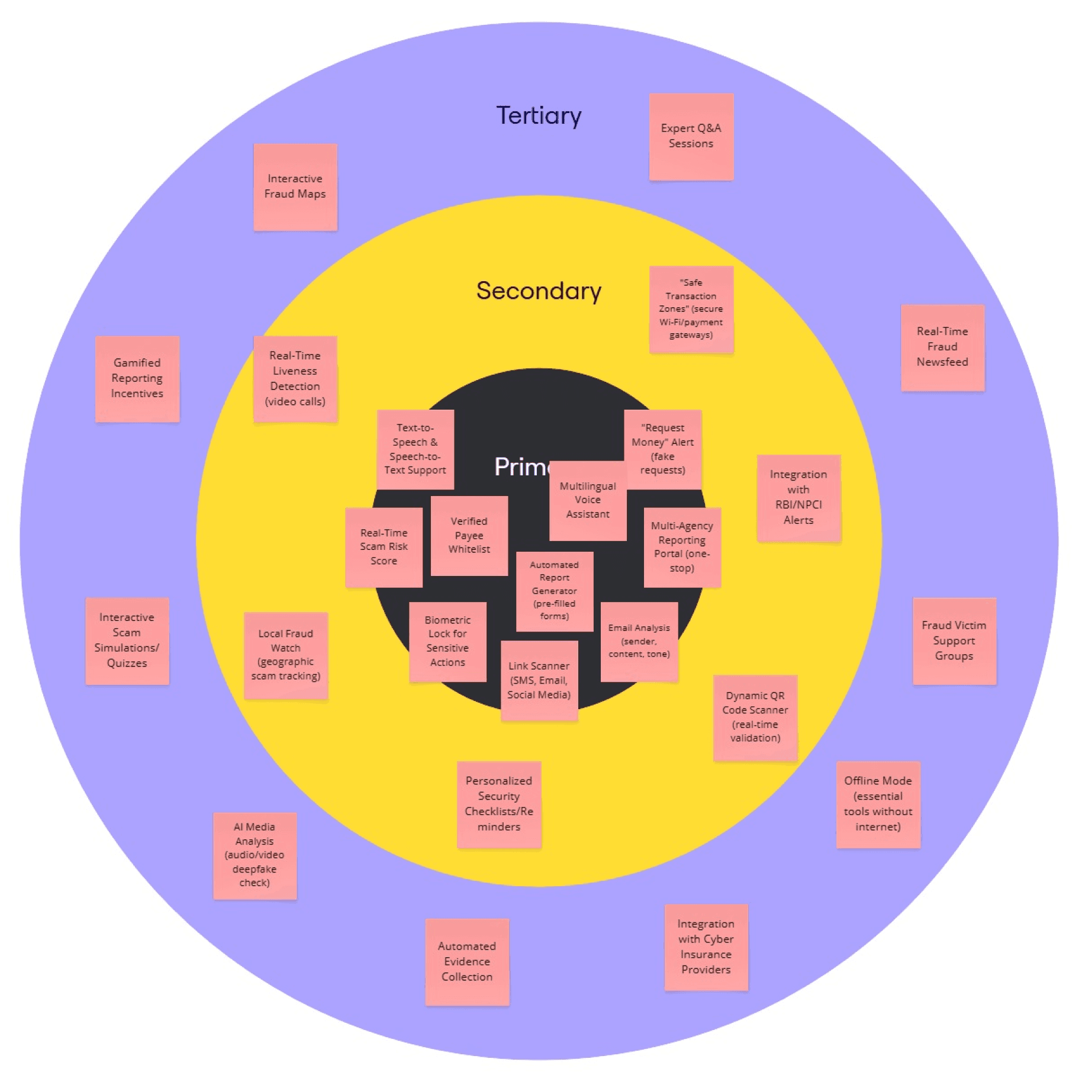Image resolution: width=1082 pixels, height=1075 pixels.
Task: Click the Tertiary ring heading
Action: pos(539,115)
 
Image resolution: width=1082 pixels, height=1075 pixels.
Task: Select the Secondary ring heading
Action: pos(539,291)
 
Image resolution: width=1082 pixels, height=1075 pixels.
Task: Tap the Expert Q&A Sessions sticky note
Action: pos(691,136)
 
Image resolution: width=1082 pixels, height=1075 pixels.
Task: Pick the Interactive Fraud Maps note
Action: pos(295,186)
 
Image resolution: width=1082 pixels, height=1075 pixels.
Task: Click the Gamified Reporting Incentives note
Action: pos(137,378)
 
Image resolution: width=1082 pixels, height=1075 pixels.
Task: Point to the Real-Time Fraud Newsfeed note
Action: pos(942,347)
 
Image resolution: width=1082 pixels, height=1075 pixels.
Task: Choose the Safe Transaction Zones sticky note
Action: pos(691,309)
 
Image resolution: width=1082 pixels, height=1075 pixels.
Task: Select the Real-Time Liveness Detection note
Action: pos(295,378)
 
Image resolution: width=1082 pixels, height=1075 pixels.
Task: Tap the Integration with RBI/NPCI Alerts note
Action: pos(798,497)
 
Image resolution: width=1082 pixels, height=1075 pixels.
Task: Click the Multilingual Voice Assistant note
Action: pos(587,500)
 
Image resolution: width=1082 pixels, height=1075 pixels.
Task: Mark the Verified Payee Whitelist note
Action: pos(469,535)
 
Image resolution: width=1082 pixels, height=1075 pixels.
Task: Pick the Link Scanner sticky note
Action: pos(539,680)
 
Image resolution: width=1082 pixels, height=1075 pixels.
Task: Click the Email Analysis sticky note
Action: pos(639,641)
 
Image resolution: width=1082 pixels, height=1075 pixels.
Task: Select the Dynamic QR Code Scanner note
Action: pos(755,717)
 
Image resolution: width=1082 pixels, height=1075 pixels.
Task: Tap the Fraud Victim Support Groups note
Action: pos(954,641)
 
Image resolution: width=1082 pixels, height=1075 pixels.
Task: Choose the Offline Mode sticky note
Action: pos(878,804)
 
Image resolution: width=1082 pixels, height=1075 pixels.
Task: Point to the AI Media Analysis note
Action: pos(255,855)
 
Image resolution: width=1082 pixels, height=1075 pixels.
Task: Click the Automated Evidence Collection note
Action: pos(466,961)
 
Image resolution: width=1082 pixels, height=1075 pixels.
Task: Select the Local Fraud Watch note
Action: pos(285,655)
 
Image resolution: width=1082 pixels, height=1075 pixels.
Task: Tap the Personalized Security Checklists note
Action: pos(498,804)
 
